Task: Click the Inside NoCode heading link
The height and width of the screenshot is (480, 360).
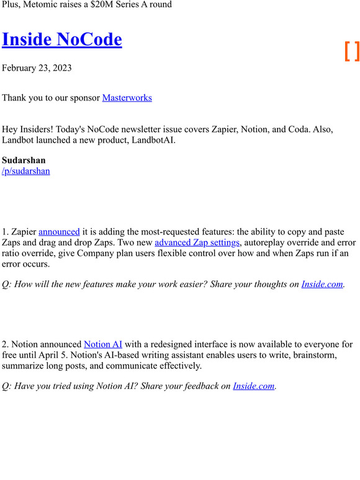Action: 62,39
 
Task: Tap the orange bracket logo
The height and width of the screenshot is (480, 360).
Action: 352,51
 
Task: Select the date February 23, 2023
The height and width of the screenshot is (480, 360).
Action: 37,68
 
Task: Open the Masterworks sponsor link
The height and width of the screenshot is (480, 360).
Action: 127,97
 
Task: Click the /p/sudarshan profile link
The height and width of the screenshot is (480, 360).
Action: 26,171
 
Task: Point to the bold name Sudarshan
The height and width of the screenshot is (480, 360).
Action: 24,160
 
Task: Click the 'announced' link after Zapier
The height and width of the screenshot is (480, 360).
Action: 59,231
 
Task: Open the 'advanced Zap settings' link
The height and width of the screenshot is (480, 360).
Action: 197,242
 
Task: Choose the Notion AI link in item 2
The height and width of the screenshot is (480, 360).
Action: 103,344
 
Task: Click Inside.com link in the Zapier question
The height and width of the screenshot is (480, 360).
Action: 322,284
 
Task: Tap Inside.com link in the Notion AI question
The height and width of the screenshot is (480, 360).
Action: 253,386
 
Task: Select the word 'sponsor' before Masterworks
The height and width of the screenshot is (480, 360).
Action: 83,97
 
